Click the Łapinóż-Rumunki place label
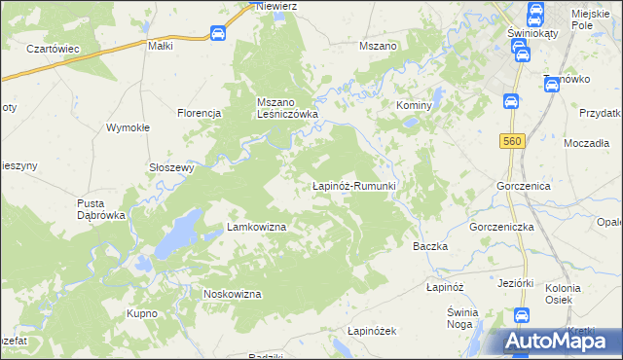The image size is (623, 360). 352,185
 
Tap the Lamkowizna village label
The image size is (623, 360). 256,227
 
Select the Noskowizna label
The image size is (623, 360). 232,294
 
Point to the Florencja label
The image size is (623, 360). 201,113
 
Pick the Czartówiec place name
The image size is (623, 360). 53,49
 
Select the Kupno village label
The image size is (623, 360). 142,314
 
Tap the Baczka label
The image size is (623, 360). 430,246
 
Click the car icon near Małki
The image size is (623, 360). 218,34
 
